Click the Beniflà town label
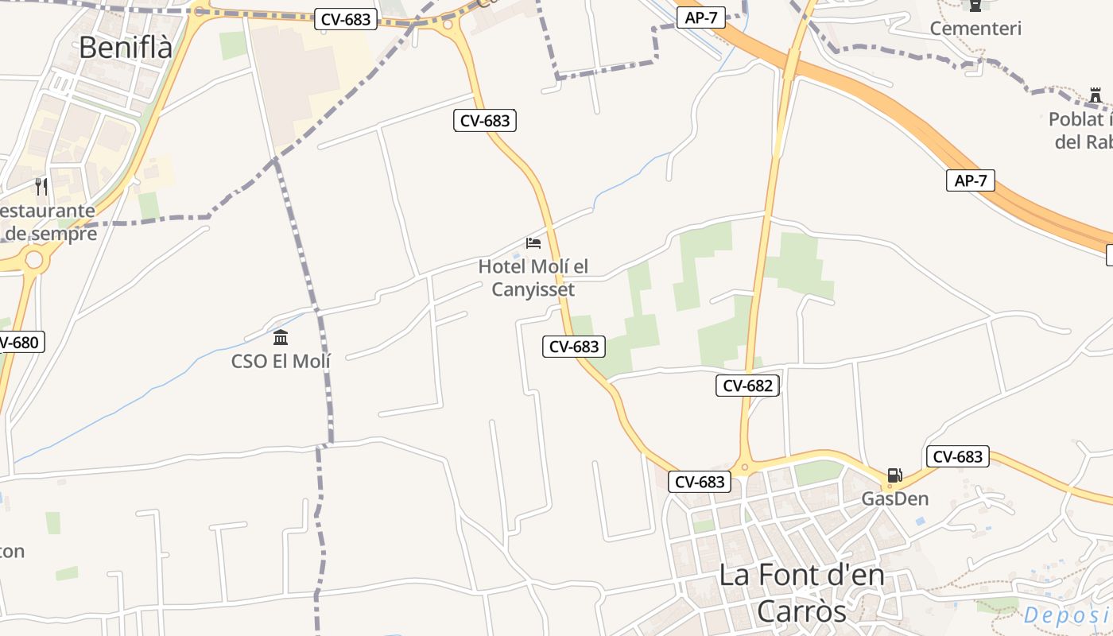[126, 48]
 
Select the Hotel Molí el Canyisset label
[533, 277]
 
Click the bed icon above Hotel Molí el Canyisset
[533, 242]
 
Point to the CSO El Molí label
[281, 361]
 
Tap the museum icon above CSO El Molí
[281, 338]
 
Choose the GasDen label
[895, 499]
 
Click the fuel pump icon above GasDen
[895, 475]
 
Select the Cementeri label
[975, 29]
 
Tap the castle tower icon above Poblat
[1096, 96]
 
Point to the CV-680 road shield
[17, 343]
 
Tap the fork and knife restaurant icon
[41, 187]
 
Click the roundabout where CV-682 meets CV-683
[745, 468]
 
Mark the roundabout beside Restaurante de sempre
[33, 260]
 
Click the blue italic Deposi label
[1067, 615]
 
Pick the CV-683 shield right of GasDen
[958, 457]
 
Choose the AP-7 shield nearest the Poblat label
[971, 180]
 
